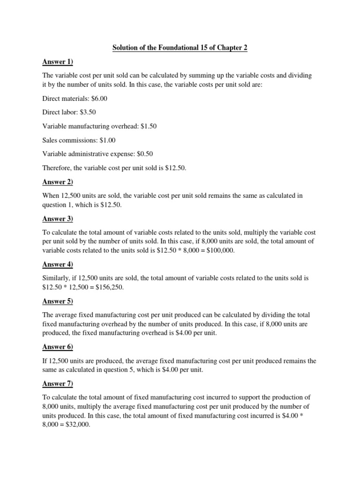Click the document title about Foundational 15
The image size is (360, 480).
[x=180, y=48]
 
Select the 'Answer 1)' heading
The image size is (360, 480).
[x=58, y=62]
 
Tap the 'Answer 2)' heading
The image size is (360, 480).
[x=58, y=182]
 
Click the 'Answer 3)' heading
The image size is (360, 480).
[x=58, y=218]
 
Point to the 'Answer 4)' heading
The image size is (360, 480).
[x=58, y=264]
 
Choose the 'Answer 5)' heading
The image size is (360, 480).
[x=58, y=301]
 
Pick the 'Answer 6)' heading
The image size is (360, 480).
[x=58, y=347]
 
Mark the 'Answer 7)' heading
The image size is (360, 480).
[x=58, y=383]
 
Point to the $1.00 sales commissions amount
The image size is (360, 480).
[x=106, y=140]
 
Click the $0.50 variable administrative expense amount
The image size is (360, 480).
[x=143, y=154]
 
